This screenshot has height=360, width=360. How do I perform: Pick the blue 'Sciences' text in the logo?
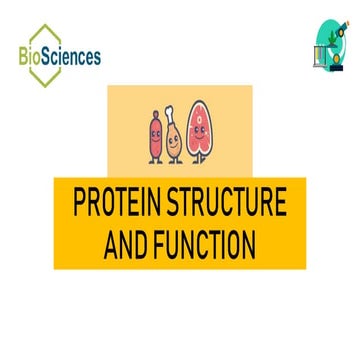(73, 56)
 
